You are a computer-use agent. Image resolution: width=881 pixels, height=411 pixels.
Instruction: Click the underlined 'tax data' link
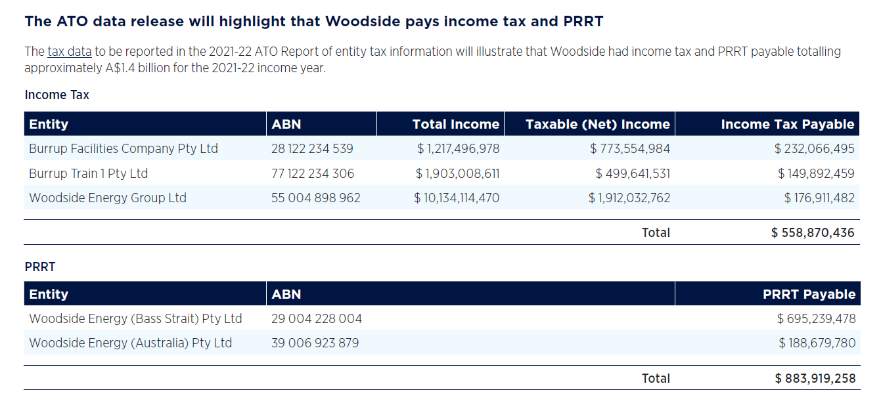coord(70,52)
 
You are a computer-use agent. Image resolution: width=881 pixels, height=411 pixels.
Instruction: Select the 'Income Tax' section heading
coord(56,95)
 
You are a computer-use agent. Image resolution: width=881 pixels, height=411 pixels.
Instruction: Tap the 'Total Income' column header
coord(455,124)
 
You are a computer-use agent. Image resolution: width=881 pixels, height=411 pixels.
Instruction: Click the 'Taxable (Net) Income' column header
coord(597,124)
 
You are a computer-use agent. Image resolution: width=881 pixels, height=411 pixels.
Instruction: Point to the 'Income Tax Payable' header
coord(787,124)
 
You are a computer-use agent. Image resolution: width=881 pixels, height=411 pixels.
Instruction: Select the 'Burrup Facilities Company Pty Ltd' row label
coord(123,149)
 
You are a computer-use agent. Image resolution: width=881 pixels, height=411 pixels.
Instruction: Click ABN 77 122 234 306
coord(312,174)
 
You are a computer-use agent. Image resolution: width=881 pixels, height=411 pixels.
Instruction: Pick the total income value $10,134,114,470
coord(457,198)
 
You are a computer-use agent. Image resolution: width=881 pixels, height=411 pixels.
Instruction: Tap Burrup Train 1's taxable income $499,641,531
coord(633,174)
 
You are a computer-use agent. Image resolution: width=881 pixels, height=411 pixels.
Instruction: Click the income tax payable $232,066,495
coord(815,149)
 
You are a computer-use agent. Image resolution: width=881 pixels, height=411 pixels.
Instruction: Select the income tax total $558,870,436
coord(813,232)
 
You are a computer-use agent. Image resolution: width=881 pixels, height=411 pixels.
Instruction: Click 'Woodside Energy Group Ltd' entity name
coord(108,198)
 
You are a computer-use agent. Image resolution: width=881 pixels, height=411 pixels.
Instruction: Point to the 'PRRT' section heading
coord(40,267)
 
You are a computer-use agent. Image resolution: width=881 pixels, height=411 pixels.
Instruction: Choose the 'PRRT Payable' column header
coord(809,294)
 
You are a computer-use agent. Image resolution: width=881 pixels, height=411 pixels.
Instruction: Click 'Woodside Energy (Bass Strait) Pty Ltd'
coord(135,319)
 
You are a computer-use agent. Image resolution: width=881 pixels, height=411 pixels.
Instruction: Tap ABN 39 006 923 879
coord(315,343)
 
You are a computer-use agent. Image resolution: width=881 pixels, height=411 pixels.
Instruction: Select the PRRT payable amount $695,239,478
coord(816,319)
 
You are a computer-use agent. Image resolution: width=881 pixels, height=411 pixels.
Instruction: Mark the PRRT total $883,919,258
coord(815,379)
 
